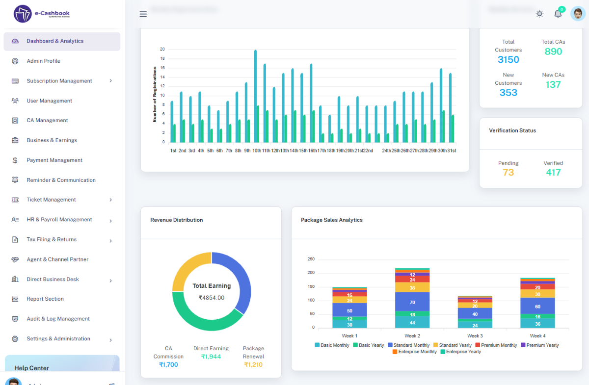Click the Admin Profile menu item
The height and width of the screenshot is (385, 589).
pos(43,61)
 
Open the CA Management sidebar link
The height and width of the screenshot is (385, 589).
pos(47,121)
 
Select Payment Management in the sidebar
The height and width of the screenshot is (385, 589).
pos(54,160)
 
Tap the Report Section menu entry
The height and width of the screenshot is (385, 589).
pos(45,299)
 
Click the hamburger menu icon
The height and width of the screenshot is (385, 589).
pos(143,14)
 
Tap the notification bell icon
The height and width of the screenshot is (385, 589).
pos(558,14)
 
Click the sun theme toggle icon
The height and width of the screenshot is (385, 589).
pos(539,14)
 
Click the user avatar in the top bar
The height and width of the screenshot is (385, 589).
pos(578,14)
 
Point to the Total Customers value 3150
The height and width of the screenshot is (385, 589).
pos(508,60)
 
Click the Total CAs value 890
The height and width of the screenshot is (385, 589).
pos(553,52)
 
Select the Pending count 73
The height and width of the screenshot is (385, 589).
pos(508,173)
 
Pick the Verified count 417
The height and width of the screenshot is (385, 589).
pos(553,173)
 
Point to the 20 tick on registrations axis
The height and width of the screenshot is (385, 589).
pos(162,50)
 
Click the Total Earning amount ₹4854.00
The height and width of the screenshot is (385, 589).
pos(212,298)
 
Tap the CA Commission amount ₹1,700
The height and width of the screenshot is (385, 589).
pos(168,365)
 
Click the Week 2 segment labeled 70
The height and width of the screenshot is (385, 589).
pos(412,303)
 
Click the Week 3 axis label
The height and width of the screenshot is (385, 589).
pos(475,336)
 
